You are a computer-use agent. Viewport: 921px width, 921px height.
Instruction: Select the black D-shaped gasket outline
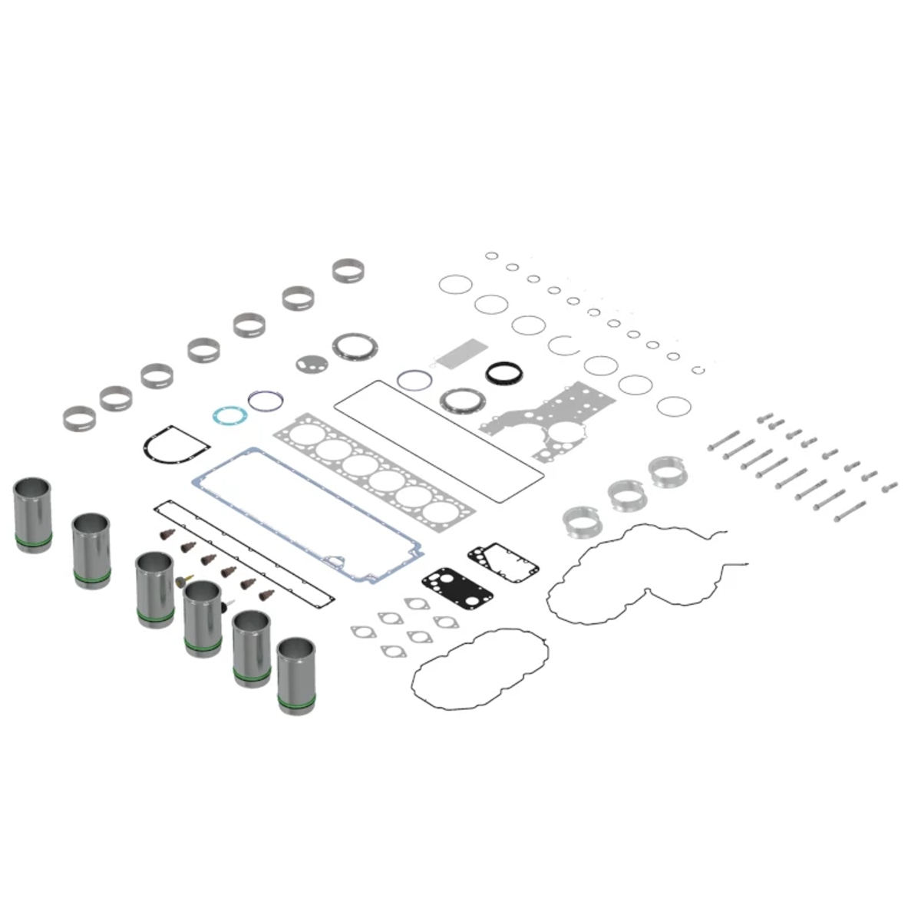pos(176,444)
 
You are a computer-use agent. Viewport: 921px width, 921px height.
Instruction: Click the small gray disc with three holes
pos(311,363)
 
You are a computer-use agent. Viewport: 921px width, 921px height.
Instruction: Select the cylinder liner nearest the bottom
pos(296,675)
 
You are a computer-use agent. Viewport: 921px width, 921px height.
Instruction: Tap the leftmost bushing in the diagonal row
pos(79,418)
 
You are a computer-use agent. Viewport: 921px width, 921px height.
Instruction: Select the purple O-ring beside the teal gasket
pos(266,400)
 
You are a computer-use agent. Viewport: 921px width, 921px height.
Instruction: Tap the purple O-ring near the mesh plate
pos(414,379)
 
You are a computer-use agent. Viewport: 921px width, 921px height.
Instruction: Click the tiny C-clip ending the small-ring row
pos(698,370)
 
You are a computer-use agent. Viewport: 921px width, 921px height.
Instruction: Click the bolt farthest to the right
pos(889,487)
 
